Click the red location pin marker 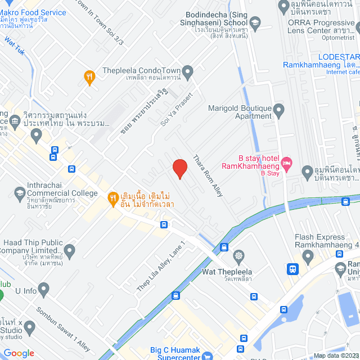(x=179, y=168)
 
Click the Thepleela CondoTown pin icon (x=188, y=72)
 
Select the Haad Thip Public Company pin (x=70, y=250)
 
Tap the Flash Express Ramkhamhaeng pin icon (x=308, y=256)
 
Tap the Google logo (x=19, y=353)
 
